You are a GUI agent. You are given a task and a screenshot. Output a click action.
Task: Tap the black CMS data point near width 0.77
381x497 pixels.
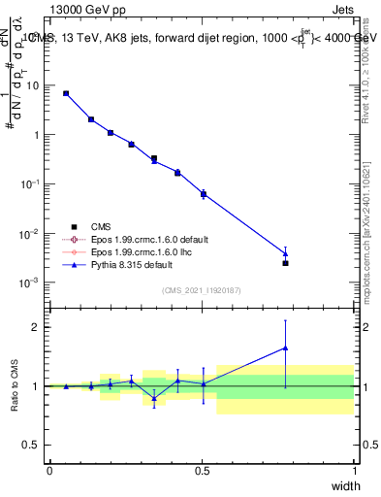(285, 263)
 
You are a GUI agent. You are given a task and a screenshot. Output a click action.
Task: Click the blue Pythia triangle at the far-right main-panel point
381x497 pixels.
(285, 253)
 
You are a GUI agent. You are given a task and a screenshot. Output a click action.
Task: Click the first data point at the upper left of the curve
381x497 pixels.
(66, 93)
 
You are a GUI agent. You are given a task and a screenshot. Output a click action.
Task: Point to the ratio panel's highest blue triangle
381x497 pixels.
(285, 348)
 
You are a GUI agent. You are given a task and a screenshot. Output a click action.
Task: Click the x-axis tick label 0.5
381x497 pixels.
(203, 470)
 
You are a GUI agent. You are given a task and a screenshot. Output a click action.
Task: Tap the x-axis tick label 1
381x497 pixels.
(355, 470)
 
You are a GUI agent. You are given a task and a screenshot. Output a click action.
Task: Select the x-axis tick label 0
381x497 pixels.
(50, 470)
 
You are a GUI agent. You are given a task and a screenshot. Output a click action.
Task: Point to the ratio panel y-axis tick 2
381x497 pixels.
(36, 327)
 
